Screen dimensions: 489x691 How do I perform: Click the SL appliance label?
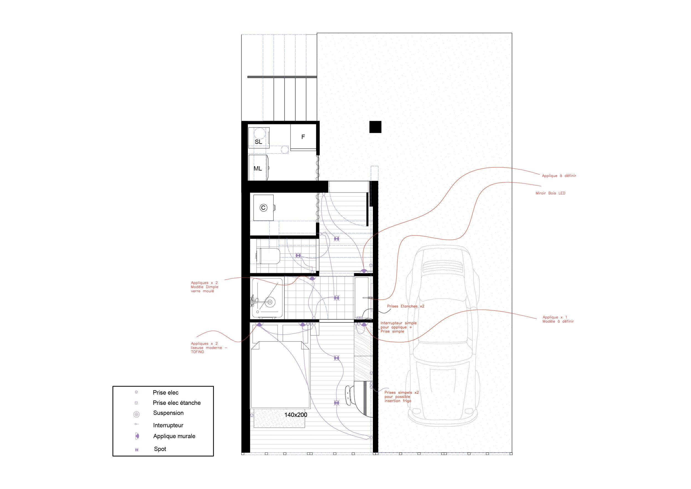pyautogui.click(x=258, y=142)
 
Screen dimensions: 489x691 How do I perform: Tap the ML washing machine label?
pyautogui.click(x=258, y=169)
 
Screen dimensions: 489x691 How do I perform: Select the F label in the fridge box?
pyautogui.click(x=303, y=137)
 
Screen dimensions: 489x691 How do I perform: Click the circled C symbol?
pyautogui.click(x=263, y=208)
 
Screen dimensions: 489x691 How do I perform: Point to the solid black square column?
pyautogui.click(x=375, y=127)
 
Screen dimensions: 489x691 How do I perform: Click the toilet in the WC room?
pyautogui.click(x=269, y=256)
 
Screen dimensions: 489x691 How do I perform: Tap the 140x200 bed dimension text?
pyautogui.click(x=295, y=415)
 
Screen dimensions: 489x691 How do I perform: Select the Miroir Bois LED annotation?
pyautogui.click(x=550, y=193)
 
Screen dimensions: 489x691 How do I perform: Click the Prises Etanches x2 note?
pyautogui.click(x=405, y=306)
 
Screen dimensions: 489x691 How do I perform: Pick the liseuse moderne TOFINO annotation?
pyautogui.click(x=209, y=347)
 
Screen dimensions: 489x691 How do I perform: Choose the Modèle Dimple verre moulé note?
pyautogui.click(x=204, y=287)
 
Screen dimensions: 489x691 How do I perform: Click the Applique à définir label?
pyautogui.click(x=559, y=176)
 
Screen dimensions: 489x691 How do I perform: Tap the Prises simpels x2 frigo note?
pyautogui.click(x=401, y=397)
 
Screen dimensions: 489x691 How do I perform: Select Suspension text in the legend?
pyautogui.click(x=168, y=413)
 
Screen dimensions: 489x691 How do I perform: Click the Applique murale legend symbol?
pyautogui.click(x=137, y=436)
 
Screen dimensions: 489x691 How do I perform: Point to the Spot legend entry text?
pyautogui.click(x=160, y=449)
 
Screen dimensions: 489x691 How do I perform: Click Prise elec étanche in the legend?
pyautogui.click(x=176, y=403)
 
